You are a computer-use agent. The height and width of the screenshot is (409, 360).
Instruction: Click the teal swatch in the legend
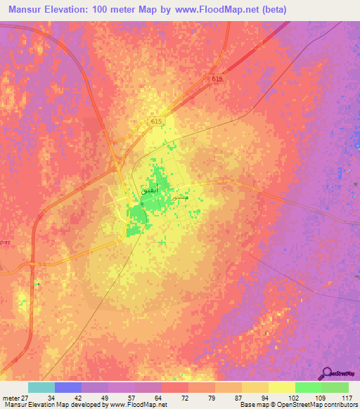tap(41, 387)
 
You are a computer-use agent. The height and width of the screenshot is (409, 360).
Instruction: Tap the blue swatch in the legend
tap(68, 387)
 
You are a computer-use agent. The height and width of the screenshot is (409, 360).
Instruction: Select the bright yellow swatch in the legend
tap(282, 387)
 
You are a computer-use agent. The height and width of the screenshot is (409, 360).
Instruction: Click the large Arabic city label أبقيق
tap(155, 190)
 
